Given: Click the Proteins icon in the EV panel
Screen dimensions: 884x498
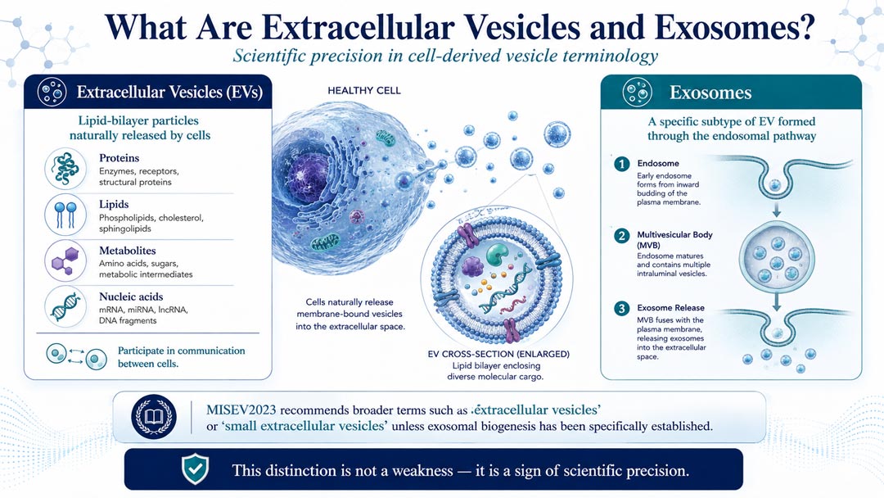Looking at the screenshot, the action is (65, 169).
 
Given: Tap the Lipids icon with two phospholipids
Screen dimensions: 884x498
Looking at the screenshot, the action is (65, 215).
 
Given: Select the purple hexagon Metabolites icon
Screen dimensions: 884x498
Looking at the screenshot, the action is (65, 260).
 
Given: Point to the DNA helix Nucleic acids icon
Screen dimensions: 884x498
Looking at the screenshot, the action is (65, 307).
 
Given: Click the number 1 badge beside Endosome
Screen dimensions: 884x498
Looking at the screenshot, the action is (622, 164).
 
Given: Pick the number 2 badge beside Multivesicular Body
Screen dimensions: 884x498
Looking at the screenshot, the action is (622, 236).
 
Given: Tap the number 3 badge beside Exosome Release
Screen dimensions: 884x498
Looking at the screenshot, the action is (622, 309).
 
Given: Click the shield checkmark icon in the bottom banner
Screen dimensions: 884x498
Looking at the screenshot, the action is (195, 469).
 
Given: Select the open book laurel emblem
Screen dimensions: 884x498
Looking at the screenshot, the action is (154, 417).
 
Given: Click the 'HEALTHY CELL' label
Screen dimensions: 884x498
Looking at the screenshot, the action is (364, 90).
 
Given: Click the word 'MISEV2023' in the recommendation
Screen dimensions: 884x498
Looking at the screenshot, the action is (241, 410).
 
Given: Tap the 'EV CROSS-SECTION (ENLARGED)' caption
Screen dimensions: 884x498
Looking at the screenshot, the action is (498, 354).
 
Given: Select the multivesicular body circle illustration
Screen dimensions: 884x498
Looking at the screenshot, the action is (778, 260).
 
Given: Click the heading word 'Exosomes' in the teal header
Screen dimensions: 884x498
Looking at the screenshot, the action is (710, 93).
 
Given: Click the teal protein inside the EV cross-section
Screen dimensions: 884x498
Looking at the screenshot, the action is (497, 255).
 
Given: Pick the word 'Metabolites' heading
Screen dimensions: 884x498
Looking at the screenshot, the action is (128, 251).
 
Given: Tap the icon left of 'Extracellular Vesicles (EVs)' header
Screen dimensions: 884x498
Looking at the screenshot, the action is (52, 92).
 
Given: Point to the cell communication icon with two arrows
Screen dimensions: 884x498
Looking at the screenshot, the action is (76, 355).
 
